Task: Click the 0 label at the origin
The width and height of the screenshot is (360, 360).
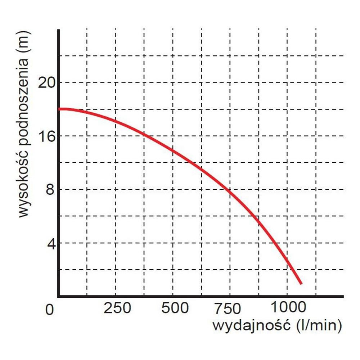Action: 50,309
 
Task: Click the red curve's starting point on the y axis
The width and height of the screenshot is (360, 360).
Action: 59,109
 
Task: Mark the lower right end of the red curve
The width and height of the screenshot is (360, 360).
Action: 301,283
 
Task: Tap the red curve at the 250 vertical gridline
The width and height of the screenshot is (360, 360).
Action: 115,122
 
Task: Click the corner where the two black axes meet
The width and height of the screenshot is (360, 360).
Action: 58,297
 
